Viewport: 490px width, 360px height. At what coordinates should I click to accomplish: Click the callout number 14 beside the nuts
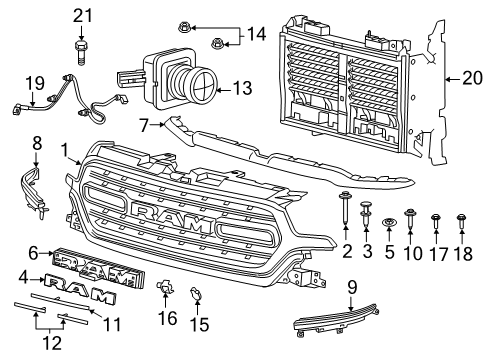257,33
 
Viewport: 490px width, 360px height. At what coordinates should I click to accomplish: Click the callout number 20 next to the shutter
470,77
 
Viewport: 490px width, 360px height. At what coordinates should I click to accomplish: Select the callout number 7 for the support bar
144,125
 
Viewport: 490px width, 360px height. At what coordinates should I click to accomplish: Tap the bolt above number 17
435,218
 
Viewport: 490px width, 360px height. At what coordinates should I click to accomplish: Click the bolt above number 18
461,218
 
